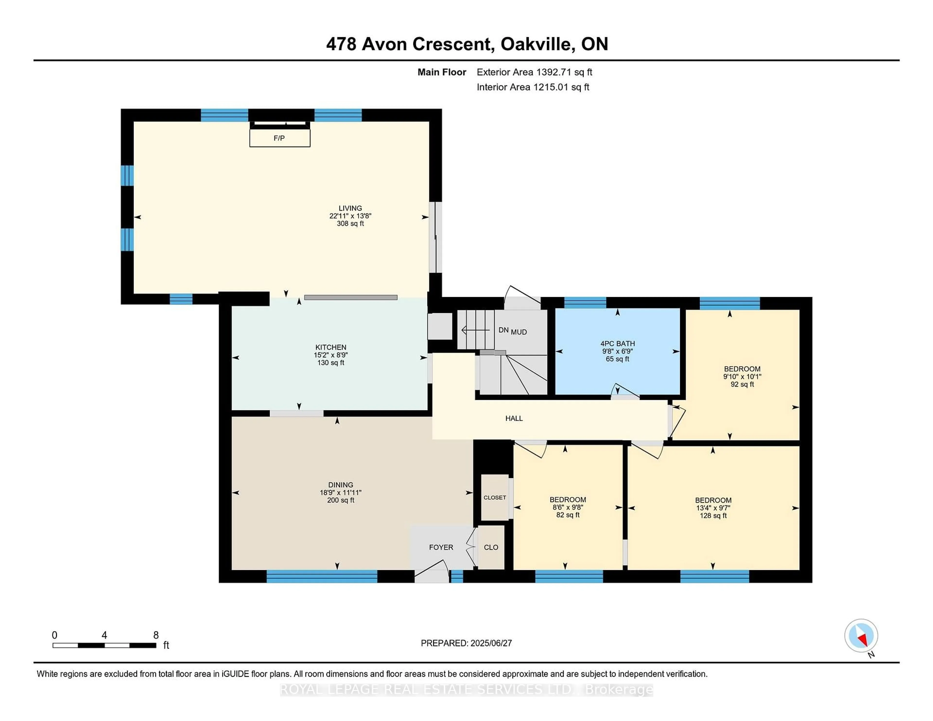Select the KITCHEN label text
click(x=331, y=347)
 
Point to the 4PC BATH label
click(x=617, y=343)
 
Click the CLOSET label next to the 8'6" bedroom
click(x=495, y=498)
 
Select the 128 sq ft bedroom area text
click(x=713, y=515)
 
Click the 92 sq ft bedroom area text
click(x=742, y=384)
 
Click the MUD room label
click(x=519, y=332)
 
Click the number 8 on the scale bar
click(x=156, y=635)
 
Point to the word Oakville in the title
click(x=535, y=44)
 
